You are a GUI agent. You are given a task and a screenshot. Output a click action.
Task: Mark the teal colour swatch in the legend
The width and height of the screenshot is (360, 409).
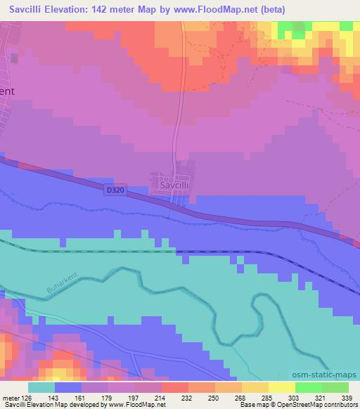41,387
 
